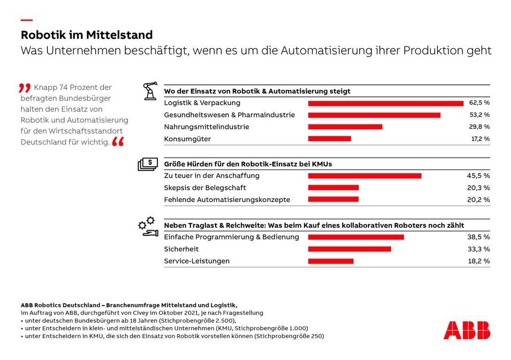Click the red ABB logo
pos(466,330)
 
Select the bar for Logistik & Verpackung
pos(386,104)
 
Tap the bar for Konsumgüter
pos(330,139)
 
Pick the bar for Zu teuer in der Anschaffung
pos(365,176)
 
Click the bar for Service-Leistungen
pos(331,261)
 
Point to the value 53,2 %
pos(480,115)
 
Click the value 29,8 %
pos(480,127)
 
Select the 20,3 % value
pos(478,187)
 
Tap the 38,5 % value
pos(478,237)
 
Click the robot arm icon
pos(150,91)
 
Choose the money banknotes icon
pos(148,165)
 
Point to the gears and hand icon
pos(148,226)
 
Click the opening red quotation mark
pos(25,88)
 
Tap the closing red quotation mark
pos(118,142)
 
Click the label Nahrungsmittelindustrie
pos(207,127)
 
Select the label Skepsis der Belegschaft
pos(205,188)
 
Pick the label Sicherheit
pos(181,249)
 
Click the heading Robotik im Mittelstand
pos(87,35)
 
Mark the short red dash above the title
pos(27,20)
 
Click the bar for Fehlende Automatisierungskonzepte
pos(333,199)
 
